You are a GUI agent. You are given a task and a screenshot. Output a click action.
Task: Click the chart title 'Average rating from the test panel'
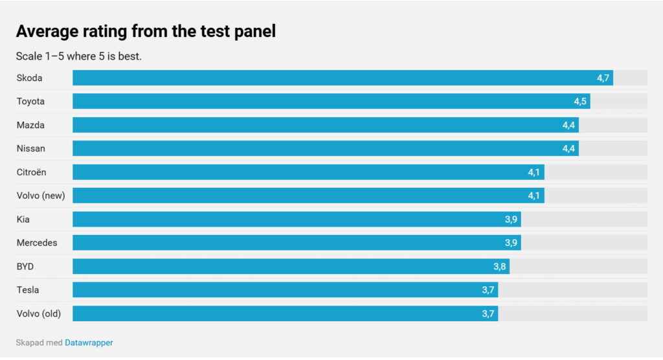coord(146,31)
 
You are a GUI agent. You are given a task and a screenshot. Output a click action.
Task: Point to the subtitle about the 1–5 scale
coord(78,56)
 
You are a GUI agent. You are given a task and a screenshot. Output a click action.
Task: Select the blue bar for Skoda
coord(343,78)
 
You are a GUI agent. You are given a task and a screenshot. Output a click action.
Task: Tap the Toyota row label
coord(30,102)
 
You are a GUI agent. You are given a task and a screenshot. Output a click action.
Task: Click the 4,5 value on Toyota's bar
coord(580,102)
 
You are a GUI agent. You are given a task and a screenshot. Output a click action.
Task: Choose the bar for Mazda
coord(326,125)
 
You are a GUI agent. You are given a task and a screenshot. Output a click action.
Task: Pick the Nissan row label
coord(31,148)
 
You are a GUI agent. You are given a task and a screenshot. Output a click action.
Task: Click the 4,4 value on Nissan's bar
coord(568,148)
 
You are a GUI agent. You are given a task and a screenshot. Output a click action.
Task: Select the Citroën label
coord(31,172)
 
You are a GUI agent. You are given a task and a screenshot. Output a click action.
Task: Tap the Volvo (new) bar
coord(309,196)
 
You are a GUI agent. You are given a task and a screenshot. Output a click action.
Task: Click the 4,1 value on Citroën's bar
coord(534,172)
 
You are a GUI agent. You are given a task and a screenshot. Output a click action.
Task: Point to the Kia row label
coord(23,219)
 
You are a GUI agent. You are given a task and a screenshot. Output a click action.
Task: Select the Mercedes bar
coord(297,243)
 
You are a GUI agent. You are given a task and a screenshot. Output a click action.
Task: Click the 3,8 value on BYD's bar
coord(499,267)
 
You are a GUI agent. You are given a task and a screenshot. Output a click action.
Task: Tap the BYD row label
coord(25,267)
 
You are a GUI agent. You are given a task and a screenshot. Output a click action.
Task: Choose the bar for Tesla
coord(286,290)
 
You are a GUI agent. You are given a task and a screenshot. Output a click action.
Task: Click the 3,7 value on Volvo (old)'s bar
coord(488,313)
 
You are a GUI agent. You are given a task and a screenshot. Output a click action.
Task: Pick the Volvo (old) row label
coord(39,314)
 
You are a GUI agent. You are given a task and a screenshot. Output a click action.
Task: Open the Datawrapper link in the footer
coord(89,343)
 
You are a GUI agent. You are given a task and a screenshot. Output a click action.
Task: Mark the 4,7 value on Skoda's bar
coord(603,78)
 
